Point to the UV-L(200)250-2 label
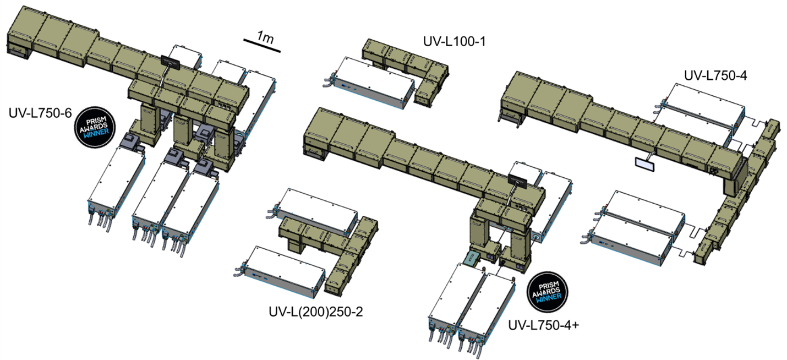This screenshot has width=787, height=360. pyautogui.click(x=315, y=312)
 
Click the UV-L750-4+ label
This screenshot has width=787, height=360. pyautogui.click(x=544, y=325)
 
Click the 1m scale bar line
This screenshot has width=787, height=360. pyautogui.click(x=263, y=47)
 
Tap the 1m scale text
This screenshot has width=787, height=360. pyautogui.click(x=266, y=37)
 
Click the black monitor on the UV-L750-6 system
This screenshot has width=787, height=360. pyautogui.click(x=169, y=62)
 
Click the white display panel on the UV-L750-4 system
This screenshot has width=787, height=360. pyautogui.click(x=643, y=163)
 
